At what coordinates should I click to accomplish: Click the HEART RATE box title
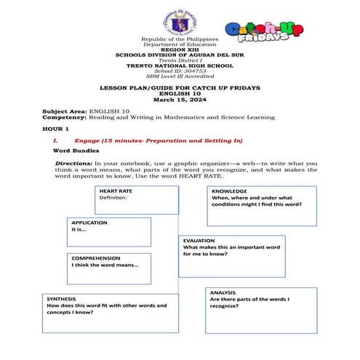pyautogui.click(x=116, y=191)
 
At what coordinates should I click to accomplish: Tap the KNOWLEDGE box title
pyautogui.click(x=229, y=191)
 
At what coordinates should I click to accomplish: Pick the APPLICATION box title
pyautogui.click(x=89, y=222)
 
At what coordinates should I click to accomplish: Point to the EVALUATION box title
pyautogui.click(x=199, y=239)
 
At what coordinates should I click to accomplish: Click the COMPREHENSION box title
pyautogui.click(x=95, y=257)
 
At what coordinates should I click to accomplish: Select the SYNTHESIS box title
pyautogui.click(x=61, y=298)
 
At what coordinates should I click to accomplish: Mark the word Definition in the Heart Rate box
pyautogui.click(x=113, y=198)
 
